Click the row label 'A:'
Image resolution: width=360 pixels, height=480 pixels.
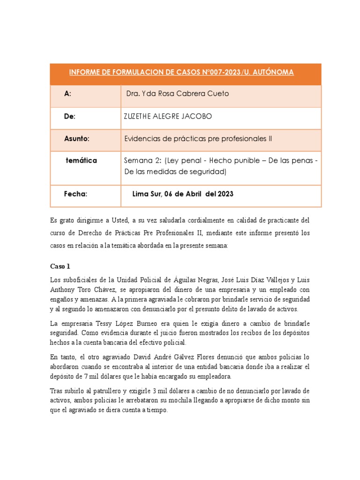click(x=68, y=94)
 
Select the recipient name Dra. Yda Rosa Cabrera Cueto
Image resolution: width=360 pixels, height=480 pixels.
click(x=178, y=94)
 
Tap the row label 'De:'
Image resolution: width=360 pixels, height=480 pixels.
click(x=70, y=116)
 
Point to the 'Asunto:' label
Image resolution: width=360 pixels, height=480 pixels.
click(x=76, y=139)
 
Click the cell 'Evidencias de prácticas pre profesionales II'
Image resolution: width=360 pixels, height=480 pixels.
click(x=197, y=139)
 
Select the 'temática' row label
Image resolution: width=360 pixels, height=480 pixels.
click(x=81, y=160)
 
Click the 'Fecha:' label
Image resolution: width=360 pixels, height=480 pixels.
click(x=75, y=194)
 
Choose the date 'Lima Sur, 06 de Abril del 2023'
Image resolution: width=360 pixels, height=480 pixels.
click(x=183, y=194)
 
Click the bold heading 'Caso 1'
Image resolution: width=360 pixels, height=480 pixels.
click(x=60, y=266)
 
